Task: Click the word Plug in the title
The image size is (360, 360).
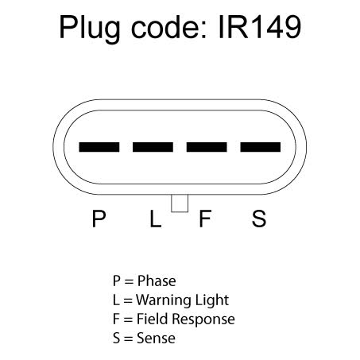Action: (x=89, y=29)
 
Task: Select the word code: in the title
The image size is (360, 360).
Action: (x=168, y=27)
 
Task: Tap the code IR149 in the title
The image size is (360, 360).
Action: (x=260, y=27)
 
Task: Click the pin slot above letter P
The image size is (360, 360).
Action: (x=99, y=147)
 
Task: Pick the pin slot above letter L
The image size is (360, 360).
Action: (x=153, y=147)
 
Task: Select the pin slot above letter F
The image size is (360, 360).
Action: (x=207, y=147)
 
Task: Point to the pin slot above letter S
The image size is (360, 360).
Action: (x=261, y=147)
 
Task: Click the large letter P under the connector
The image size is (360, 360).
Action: (x=99, y=219)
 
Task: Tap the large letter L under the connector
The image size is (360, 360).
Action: (x=156, y=219)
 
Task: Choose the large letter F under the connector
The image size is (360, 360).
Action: (x=205, y=219)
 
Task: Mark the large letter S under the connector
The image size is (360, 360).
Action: (x=259, y=219)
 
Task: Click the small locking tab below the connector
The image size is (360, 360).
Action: (x=180, y=203)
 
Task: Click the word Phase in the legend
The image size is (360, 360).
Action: (x=157, y=281)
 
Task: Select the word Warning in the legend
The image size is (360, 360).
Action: (x=164, y=300)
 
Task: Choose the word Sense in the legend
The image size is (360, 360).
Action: (x=156, y=339)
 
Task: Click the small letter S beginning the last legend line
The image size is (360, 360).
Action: (x=116, y=339)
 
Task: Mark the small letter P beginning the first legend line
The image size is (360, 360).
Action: (x=117, y=281)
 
